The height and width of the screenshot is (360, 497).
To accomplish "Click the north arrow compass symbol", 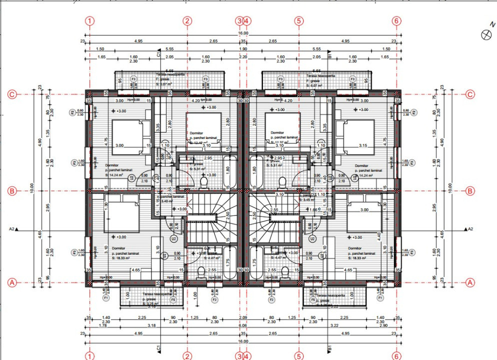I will pos(484,34).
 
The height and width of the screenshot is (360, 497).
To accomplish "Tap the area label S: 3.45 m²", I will pos(311,200).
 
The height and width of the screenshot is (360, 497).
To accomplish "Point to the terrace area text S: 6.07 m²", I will pos(316,85).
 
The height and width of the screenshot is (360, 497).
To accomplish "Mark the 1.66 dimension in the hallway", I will pos(313,209).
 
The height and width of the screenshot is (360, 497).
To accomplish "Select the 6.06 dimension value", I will pos(243,325).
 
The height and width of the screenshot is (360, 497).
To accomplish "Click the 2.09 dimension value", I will pos(243,317).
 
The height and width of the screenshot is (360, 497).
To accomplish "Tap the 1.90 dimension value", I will pos(243,49).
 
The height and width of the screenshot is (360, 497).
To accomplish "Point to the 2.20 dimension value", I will pos(243,57).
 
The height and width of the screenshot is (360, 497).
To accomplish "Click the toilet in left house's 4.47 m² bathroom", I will pos(201,272).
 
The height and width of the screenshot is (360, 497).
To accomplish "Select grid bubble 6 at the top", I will pos(397,21).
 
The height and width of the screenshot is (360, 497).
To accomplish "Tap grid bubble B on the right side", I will pos(470,190).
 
